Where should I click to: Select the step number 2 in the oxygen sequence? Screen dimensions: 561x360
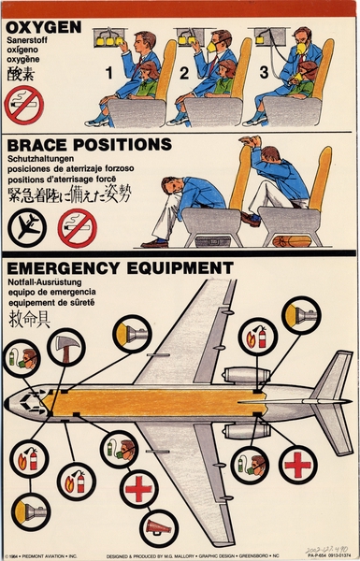coord(184,71)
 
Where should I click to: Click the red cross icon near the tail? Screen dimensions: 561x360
coord(299,465)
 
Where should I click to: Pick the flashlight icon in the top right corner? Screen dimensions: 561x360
coord(300,315)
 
